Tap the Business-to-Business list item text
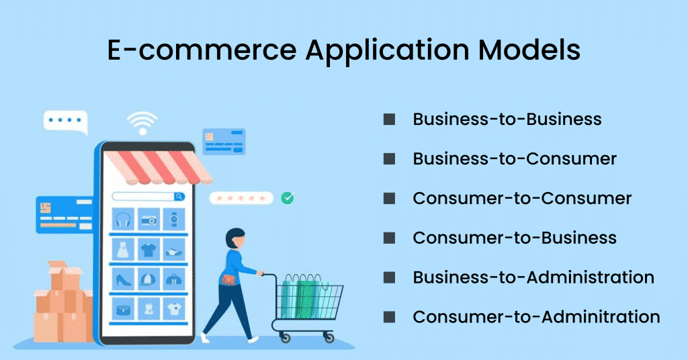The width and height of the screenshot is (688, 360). click(507, 120)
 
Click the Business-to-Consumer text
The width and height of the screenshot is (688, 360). click(515, 159)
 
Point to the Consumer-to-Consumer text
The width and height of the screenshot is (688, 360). click(522, 199)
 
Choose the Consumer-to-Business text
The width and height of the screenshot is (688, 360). click(515, 238)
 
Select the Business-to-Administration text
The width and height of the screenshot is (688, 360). click(533, 277)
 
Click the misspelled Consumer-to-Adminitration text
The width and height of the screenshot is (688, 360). click(536, 316)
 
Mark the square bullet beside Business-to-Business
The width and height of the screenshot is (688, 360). click(389, 120)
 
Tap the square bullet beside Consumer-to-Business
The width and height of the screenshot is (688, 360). click(389, 238)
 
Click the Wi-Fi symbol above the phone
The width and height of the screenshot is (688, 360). click(142, 124)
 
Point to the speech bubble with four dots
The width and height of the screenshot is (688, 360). click(66, 122)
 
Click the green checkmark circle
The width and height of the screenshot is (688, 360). click(288, 198)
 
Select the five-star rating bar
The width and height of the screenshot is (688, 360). click(241, 198)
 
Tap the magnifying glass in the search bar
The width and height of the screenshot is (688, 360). click(179, 197)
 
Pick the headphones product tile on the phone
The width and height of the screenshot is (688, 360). click(124, 220)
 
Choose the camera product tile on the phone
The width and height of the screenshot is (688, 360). click(148, 220)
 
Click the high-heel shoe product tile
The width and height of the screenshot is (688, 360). click(124, 279)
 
